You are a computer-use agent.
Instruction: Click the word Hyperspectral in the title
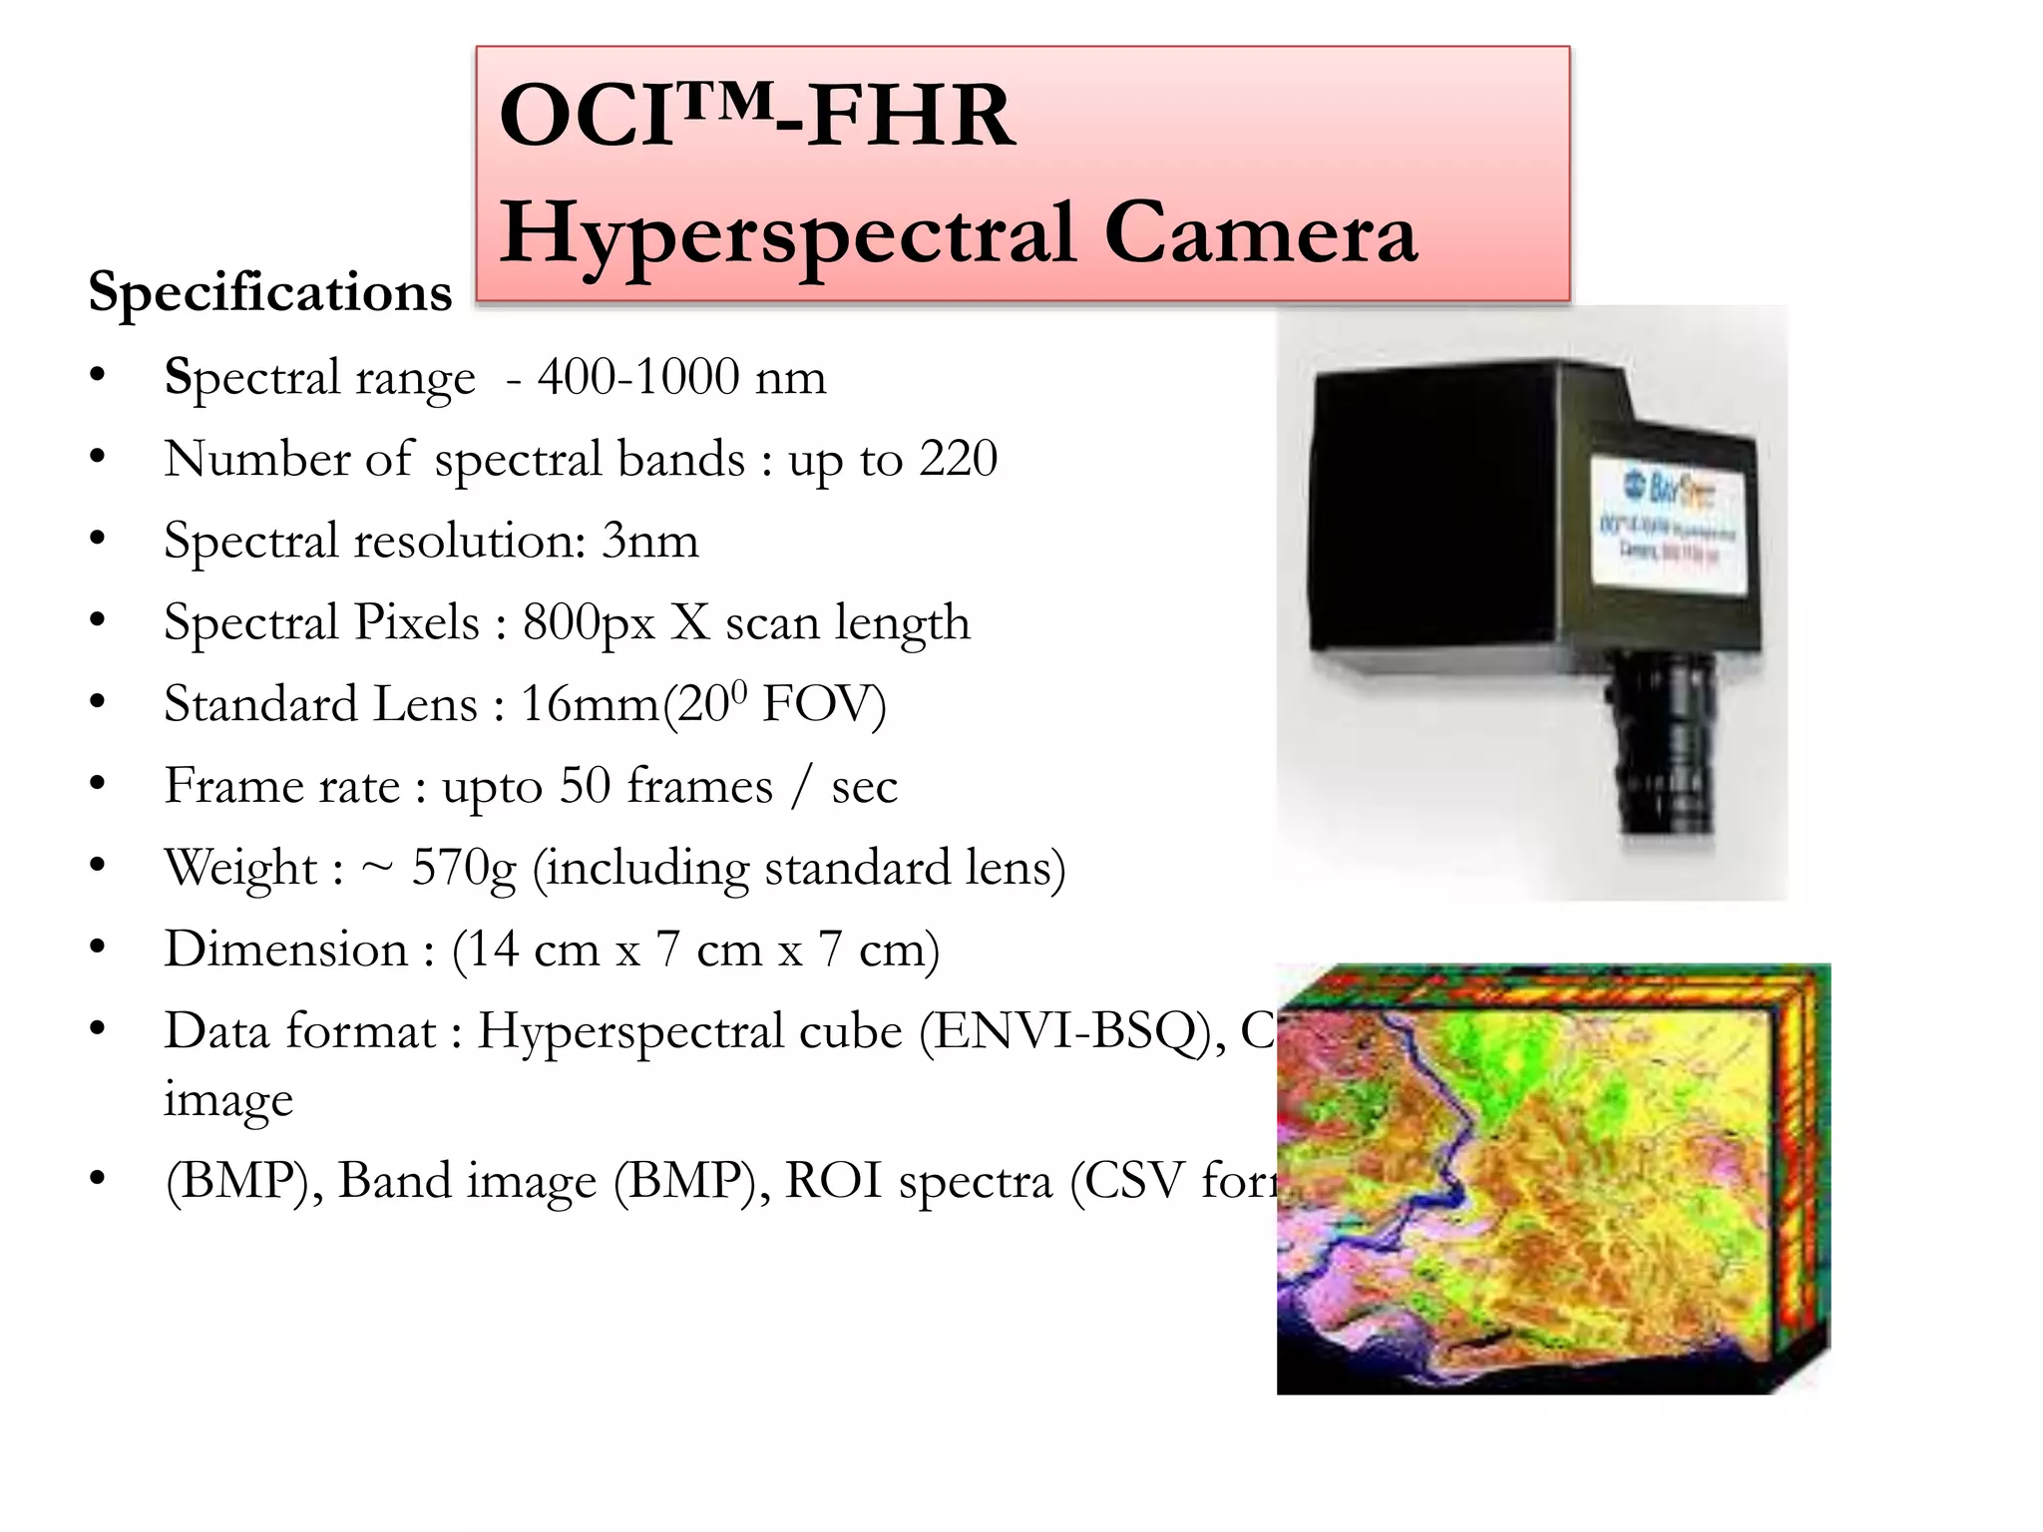point(788,234)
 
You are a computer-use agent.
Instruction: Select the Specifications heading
point(270,292)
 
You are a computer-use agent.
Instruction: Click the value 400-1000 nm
point(681,377)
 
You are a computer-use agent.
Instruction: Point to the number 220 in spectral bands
point(958,459)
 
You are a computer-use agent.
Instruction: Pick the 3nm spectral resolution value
point(649,541)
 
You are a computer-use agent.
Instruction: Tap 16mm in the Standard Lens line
point(590,704)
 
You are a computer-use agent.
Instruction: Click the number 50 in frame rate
point(586,786)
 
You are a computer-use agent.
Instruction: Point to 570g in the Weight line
point(464,868)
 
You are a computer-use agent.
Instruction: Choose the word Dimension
point(286,950)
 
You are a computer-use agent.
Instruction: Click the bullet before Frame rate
point(97,784)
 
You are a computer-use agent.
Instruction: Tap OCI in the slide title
point(584,117)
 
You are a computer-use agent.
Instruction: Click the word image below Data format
point(228,1099)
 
